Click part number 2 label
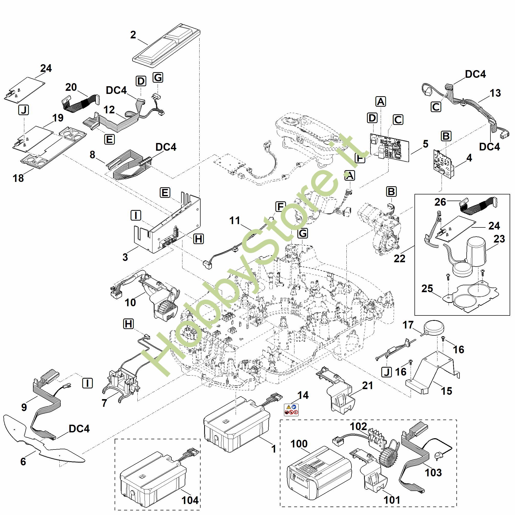click(x=133, y=35)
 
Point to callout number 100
click(x=299, y=444)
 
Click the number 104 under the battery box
click(x=190, y=500)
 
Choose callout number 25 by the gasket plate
click(x=427, y=288)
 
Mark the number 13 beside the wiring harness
click(x=495, y=93)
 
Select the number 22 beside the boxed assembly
click(x=399, y=258)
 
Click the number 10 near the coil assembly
click(x=130, y=303)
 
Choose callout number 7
click(x=104, y=403)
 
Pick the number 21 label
click(x=367, y=386)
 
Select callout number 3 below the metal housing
click(x=125, y=257)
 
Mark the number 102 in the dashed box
click(x=358, y=427)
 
